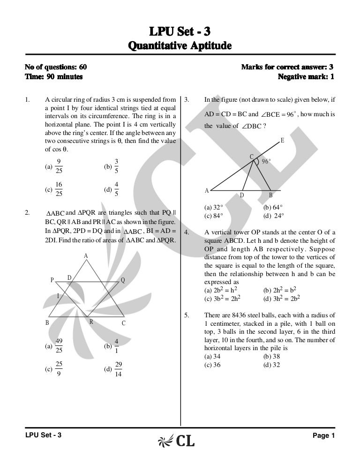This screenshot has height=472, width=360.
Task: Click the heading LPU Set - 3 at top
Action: (180, 32)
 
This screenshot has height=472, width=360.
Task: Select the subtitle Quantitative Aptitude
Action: (180, 47)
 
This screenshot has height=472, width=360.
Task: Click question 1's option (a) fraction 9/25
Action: (59, 166)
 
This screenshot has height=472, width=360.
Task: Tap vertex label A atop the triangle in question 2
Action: (86, 256)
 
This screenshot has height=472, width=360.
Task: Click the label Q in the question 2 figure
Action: (122, 280)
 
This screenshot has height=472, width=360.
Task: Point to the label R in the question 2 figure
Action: (91, 322)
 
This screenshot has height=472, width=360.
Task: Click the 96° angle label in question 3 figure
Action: (266, 161)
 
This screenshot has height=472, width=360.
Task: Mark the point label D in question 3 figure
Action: (242, 195)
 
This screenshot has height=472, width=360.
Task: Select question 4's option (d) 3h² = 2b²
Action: (281, 298)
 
